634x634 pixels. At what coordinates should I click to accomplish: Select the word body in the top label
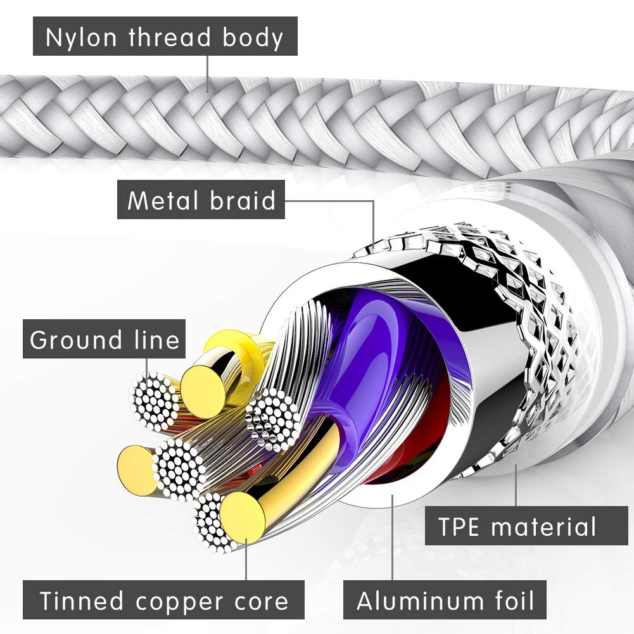(251, 37)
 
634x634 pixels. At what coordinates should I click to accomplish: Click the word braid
(244, 201)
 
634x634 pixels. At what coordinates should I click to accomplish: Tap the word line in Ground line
(157, 340)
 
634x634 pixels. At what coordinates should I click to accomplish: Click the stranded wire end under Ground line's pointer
(155, 400)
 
